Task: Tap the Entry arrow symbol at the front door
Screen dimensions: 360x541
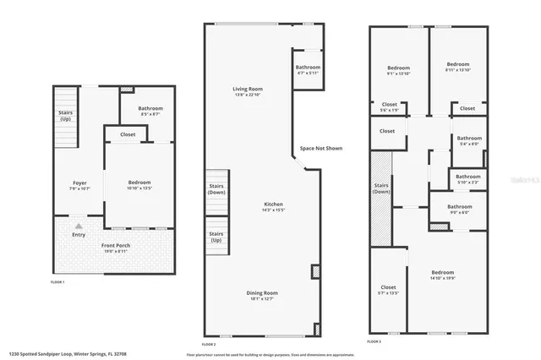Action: [x=78, y=226]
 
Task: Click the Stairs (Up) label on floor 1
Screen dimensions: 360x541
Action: [x=64, y=116]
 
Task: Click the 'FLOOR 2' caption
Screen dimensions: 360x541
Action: [x=209, y=344]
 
